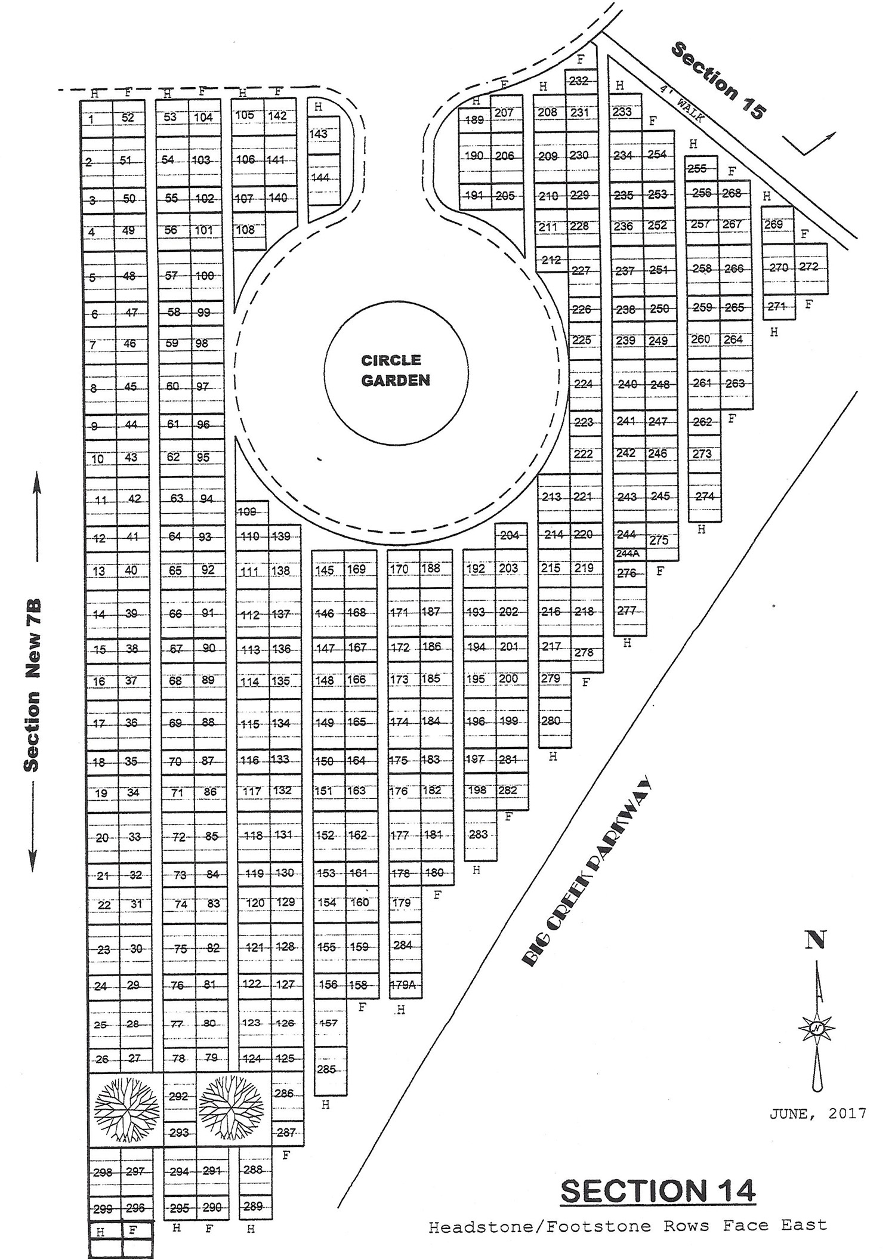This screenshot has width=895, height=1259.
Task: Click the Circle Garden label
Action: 396,370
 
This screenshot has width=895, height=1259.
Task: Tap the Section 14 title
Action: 658,1191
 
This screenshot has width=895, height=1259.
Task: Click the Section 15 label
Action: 717,81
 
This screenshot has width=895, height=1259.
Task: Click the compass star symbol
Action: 816,1028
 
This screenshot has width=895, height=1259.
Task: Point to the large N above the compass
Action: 816,940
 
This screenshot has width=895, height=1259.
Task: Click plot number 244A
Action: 628,553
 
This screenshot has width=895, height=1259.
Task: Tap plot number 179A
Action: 403,985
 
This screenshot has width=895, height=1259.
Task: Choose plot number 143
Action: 319,134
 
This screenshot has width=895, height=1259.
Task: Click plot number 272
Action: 809,267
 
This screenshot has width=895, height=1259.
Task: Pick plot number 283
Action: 478,834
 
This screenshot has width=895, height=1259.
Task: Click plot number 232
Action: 579,81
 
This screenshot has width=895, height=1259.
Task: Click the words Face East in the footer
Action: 775,1226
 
